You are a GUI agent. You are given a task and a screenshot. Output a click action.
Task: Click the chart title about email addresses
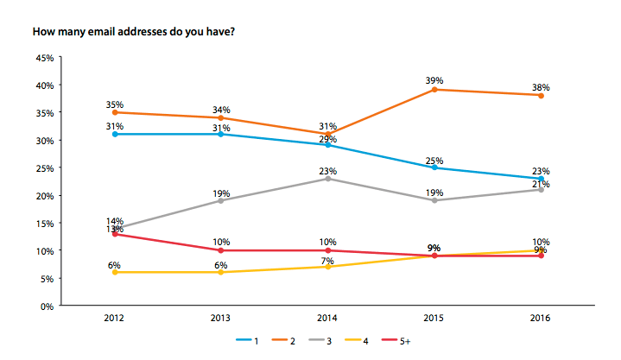pos(132,32)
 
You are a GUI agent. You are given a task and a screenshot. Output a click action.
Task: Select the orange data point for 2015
pos(434,89)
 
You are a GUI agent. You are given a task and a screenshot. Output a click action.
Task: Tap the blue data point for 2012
pos(114,134)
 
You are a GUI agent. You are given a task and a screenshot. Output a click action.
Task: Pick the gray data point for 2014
pos(327,178)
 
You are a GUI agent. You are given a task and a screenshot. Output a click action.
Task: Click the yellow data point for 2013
pos(221,272)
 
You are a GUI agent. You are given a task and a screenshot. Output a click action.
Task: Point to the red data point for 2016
pos(542,256)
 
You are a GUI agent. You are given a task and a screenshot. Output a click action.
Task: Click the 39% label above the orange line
pos(434,79)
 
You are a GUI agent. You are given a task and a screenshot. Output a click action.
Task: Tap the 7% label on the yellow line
pos(327,256)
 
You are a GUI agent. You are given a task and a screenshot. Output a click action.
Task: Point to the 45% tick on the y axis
pos(44,58)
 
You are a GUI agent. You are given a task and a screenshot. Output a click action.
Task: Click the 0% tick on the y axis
pos(48,306)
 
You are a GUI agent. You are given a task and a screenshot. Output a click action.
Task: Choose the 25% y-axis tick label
pos(44,167)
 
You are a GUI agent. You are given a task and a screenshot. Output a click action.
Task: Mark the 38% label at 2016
pos(542,86)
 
